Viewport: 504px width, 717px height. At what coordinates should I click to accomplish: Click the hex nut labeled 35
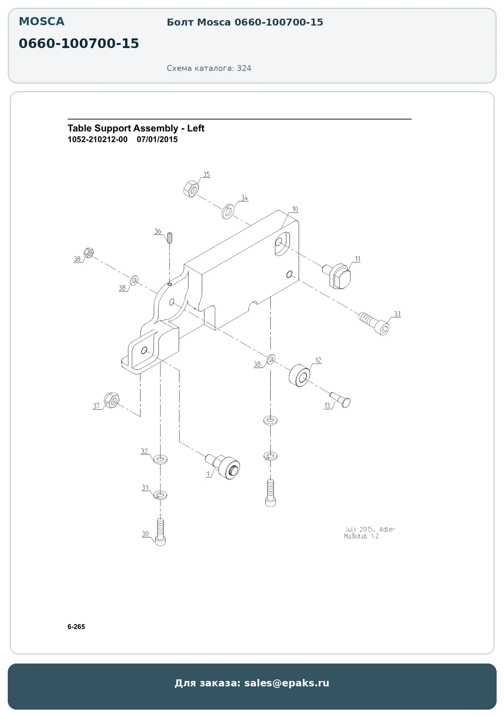(x=191, y=189)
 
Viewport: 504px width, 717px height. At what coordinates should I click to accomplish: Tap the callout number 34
(x=244, y=198)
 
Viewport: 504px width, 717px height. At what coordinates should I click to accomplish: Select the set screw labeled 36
(x=169, y=237)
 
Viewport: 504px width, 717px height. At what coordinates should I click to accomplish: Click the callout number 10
(x=295, y=209)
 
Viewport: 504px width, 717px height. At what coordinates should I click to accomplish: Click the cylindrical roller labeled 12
(x=299, y=375)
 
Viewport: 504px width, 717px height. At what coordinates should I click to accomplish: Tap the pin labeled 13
(x=340, y=400)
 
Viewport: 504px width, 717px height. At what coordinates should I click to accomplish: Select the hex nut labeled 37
(x=112, y=400)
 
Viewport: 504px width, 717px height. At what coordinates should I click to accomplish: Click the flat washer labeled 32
(x=160, y=460)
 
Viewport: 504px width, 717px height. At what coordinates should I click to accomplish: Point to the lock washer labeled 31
(x=161, y=495)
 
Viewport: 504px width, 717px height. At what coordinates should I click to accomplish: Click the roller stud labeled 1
(x=223, y=466)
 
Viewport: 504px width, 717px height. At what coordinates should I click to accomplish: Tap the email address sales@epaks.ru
(x=287, y=683)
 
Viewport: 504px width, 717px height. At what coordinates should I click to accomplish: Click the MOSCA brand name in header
(x=41, y=22)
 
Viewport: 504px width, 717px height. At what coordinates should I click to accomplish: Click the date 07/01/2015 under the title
(x=157, y=140)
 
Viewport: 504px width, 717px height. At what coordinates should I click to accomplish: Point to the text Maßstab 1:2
(x=361, y=537)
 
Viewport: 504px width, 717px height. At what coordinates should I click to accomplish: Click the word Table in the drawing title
(x=80, y=128)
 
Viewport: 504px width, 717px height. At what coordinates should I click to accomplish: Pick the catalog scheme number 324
(x=244, y=68)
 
